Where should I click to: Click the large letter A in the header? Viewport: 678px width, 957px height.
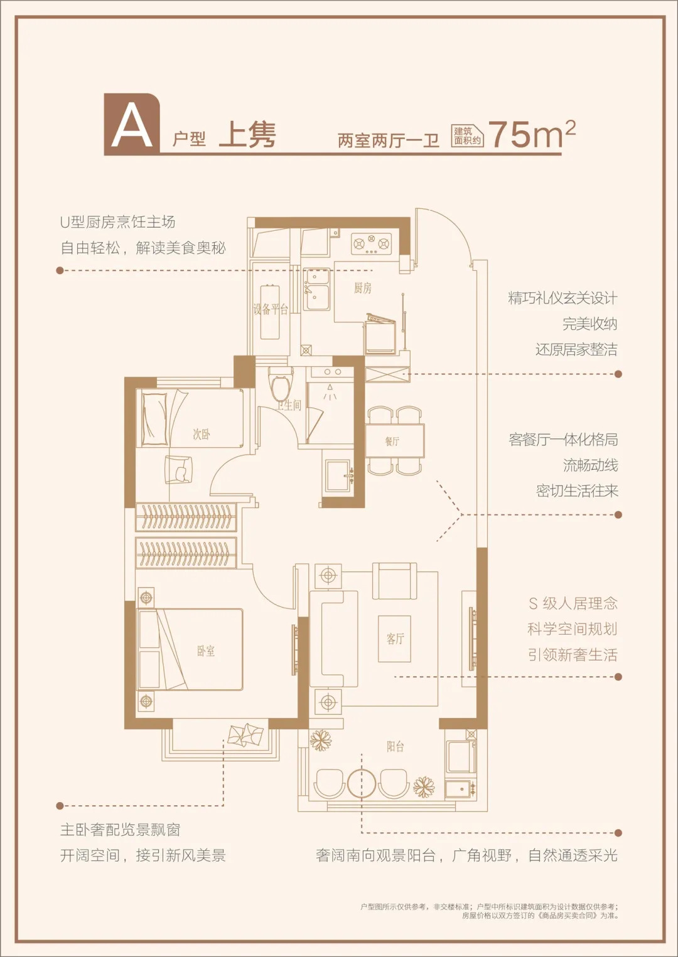[x=132, y=127]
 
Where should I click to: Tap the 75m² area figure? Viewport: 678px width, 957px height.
[x=532, y=134]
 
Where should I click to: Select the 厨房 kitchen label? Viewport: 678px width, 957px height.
[x=363, y=288]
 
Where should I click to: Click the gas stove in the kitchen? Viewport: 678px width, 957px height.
[x=371, y=243]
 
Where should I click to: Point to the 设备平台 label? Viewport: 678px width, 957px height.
[x=271, y=309]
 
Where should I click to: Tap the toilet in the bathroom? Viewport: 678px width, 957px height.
[x=281, y=384]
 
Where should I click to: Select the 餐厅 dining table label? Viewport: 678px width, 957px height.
[x=392, y=441]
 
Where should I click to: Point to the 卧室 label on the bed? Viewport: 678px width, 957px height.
[x=206, y=651]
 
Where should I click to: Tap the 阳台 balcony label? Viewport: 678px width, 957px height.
[x=395, y=746]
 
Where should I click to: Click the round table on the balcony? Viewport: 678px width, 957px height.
[x=362, y=783]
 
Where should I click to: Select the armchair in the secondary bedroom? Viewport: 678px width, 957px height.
[x=178, y=470]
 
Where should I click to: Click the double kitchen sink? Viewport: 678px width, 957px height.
[x=316, y=289]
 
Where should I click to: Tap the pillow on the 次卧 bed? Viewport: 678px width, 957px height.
[x=154, y=419]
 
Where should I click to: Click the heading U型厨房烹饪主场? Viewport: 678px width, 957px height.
[x=117, y=222]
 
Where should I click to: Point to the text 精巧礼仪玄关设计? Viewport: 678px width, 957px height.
[x=562, y=299]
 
